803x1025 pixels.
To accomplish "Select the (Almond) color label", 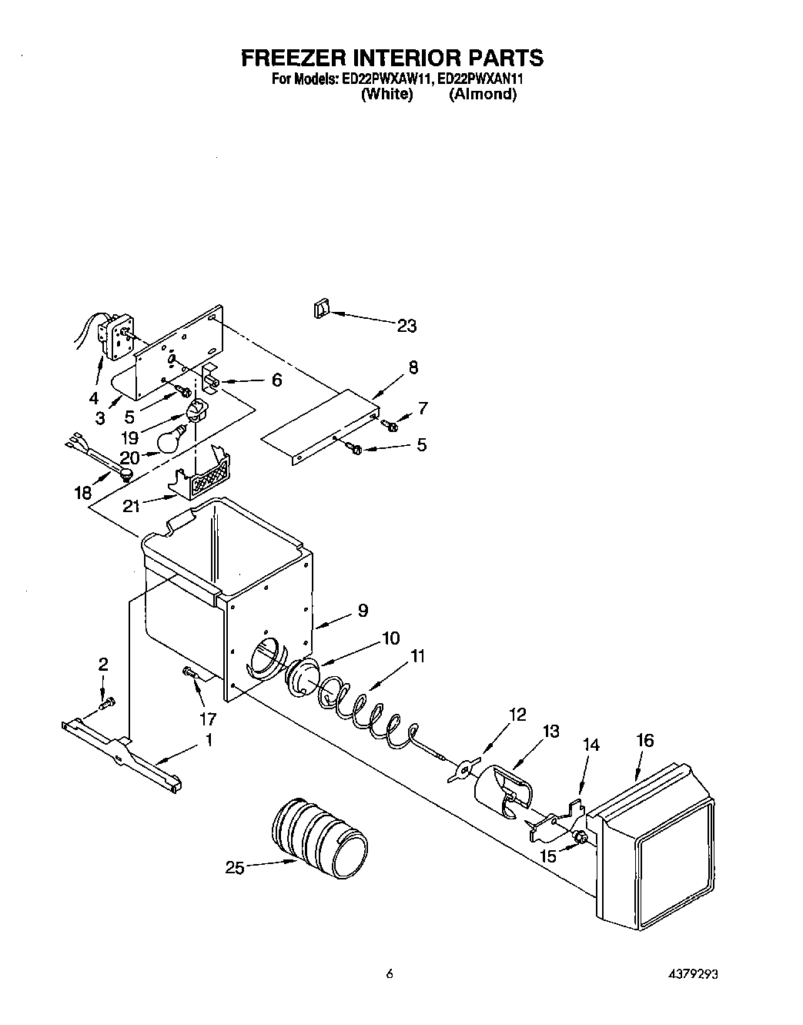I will [482, 94].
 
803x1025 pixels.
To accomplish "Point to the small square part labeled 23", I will [321, 309].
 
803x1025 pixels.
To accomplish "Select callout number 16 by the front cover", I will [644, 740].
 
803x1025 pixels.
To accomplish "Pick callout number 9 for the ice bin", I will [362, 611].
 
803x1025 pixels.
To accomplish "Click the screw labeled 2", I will [109, 702].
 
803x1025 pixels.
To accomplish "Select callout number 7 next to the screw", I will [422, 408].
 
